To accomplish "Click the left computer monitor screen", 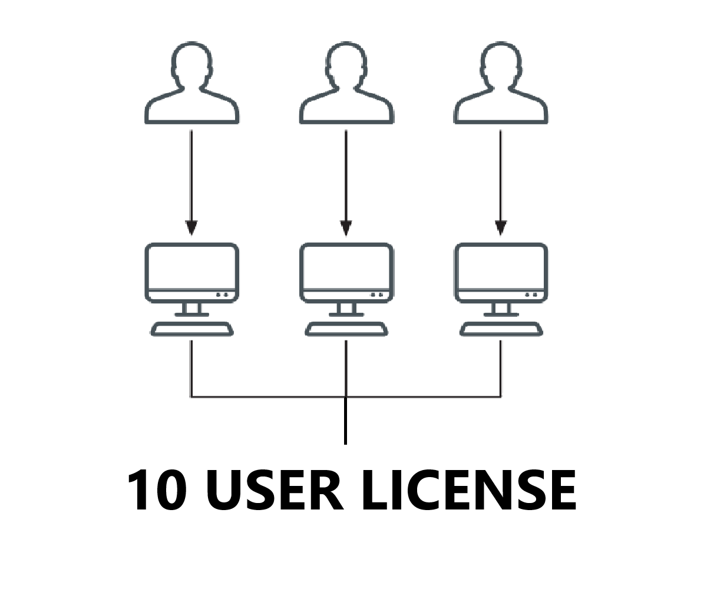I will (x=191, y=268).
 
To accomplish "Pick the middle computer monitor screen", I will (x=346, y=268).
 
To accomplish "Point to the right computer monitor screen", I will (x=501, y=268).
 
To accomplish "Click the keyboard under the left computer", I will (x=191, y=329).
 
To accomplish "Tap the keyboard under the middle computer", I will (x=346, y=329).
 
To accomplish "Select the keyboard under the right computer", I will (x=501, y=329).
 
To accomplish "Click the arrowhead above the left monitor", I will (x=191, y=228).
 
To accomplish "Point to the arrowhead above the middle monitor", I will (x=346, y=228).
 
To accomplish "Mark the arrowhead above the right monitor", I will (x=501, y=228).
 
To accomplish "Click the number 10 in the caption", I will (x=158, y=490).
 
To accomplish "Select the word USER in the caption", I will (x=275, y=490).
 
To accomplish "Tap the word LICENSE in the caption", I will (x=468, y=490).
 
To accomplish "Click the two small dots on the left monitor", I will (x=222, y=294).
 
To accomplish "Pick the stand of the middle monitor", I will (x=346, y=309).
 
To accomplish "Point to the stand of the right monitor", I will (x=501, y=309).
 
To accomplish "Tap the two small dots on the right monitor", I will (x=531, y=294).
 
